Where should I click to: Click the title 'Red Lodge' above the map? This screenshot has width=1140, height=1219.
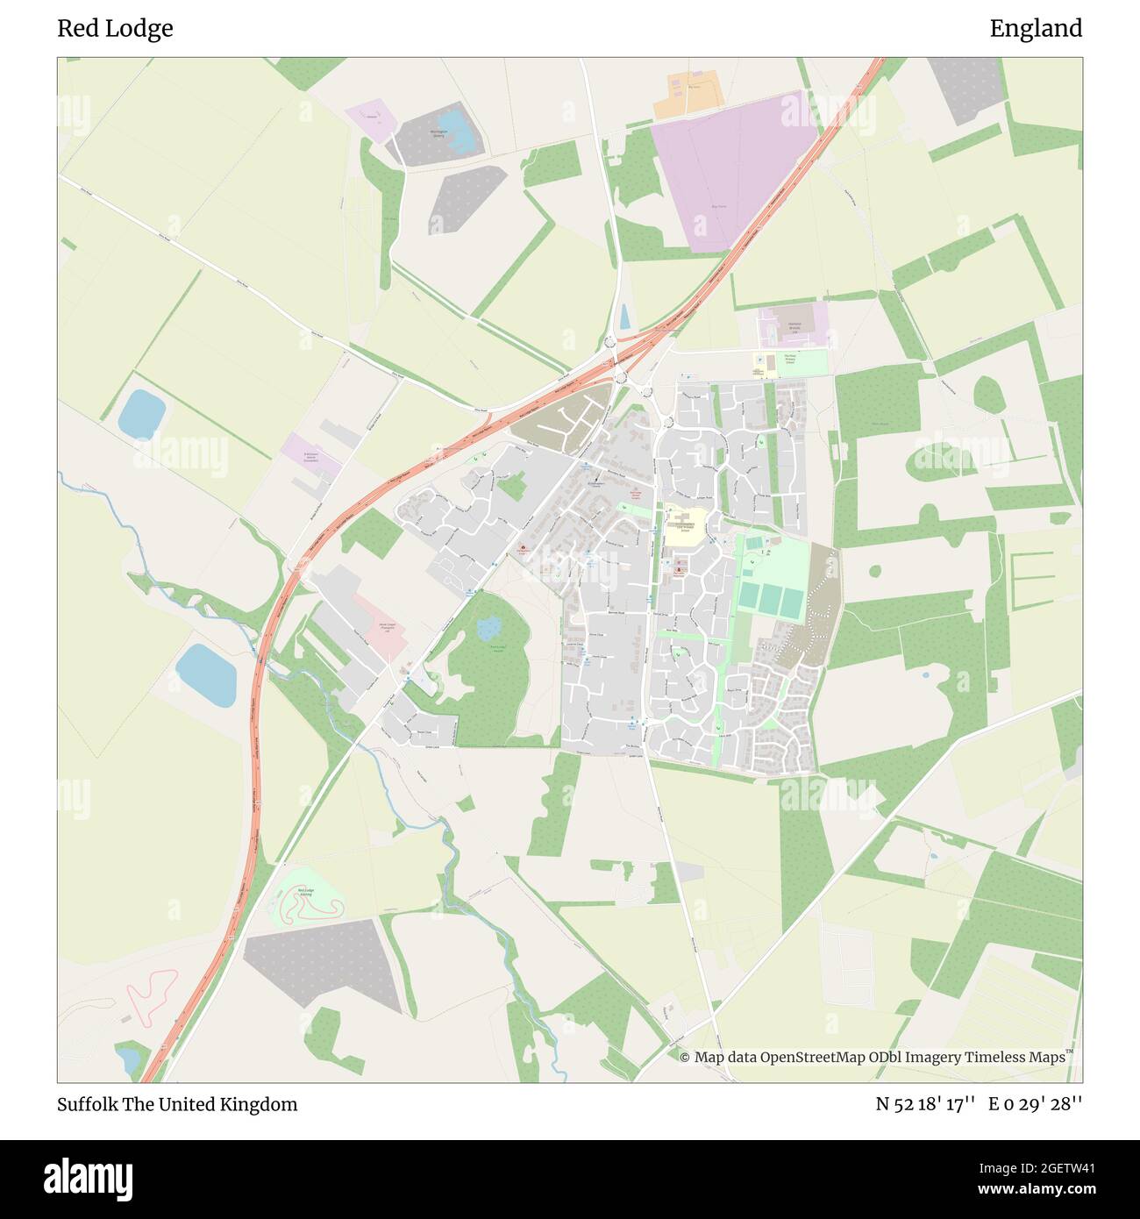[x=115, y=29]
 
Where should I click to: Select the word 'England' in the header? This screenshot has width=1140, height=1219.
[x=1036, y=29]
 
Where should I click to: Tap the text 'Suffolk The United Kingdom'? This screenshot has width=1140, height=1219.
[x=177, y=1104]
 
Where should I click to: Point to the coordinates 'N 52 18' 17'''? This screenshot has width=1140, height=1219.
[x=925, y=1104]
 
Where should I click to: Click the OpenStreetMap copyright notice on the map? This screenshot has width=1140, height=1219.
[x=873, y=1057]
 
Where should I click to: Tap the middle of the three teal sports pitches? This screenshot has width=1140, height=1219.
[x=771, y=601]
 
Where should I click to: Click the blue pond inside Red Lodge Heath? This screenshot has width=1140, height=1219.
[x=488, y=627]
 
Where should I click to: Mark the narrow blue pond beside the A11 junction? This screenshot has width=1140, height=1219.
[x=624, y=317]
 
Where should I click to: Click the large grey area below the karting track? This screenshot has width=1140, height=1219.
[x=326, y=963]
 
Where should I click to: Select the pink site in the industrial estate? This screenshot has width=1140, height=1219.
[x=383, y=625]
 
